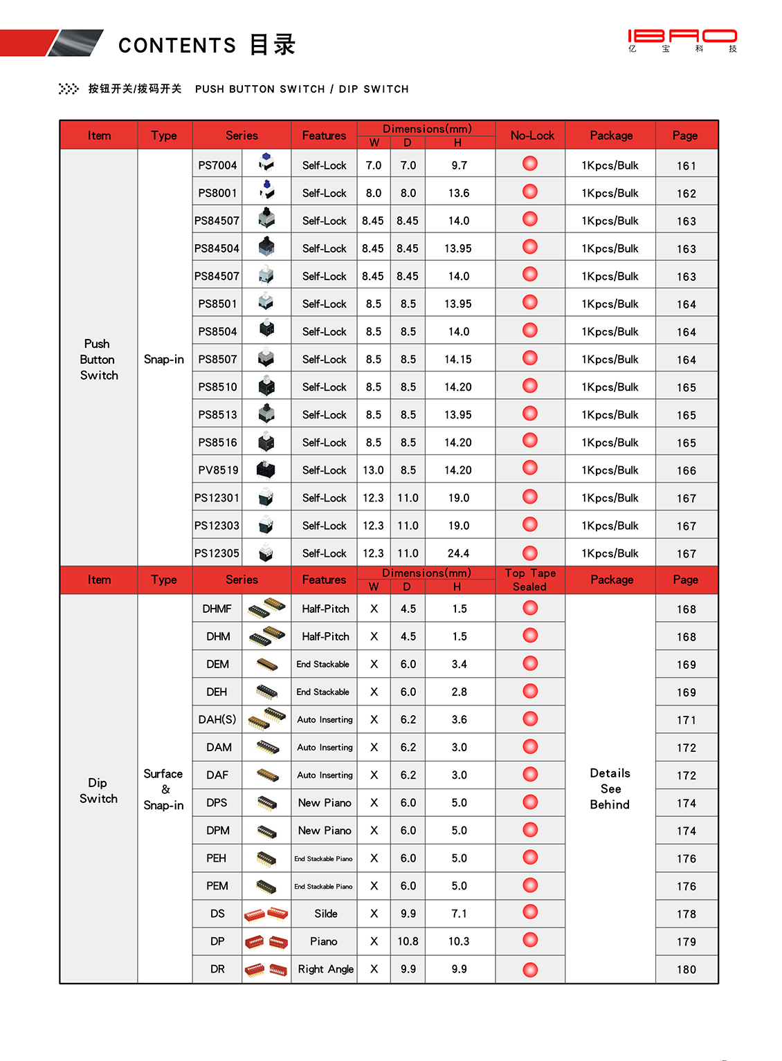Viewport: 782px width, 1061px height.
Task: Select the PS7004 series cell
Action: tap(217, 165)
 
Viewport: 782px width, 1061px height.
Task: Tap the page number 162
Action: tap(686, 194)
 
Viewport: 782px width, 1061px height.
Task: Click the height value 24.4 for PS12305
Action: tap(458, 553)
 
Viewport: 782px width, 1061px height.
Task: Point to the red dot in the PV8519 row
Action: tap(530, 468)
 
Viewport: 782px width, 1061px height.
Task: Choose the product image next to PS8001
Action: tap(266, 190)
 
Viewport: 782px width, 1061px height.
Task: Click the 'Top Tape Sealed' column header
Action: tap(530, 580)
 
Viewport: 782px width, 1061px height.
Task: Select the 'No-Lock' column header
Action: tap(531, 136)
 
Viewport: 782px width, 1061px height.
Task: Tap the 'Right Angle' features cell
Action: tap(325, 969)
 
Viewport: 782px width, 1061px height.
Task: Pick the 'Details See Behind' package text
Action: tap(610, 788)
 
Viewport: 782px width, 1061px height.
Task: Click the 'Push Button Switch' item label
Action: tap(98, 360)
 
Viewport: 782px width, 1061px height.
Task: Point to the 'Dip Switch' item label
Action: tap(98, 791)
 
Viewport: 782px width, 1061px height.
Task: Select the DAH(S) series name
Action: tap(217, 719)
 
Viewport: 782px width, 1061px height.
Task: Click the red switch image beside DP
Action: tap(266, 941)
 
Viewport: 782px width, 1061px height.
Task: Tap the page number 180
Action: tap(686, 970)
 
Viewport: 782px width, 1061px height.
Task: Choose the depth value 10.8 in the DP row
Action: tap(408, 941)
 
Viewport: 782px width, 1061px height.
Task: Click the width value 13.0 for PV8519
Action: tap(373, 470)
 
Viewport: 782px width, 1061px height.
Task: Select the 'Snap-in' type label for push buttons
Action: tap(164, 359)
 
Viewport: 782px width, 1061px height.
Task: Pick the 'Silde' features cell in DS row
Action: tap(325, 914)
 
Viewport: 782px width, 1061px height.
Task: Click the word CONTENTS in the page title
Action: tap(177, 46)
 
